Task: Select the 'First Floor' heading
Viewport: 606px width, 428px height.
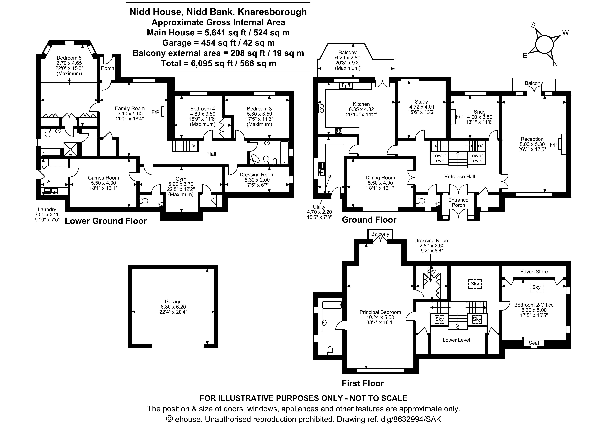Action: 363,383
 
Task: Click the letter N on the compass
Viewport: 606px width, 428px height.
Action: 555,64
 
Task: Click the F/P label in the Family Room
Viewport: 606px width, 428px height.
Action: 155,112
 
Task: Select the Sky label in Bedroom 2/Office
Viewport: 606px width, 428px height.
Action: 536,287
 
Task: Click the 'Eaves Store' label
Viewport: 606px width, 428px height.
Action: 534,272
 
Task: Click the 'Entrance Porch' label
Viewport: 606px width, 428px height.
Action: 458,202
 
